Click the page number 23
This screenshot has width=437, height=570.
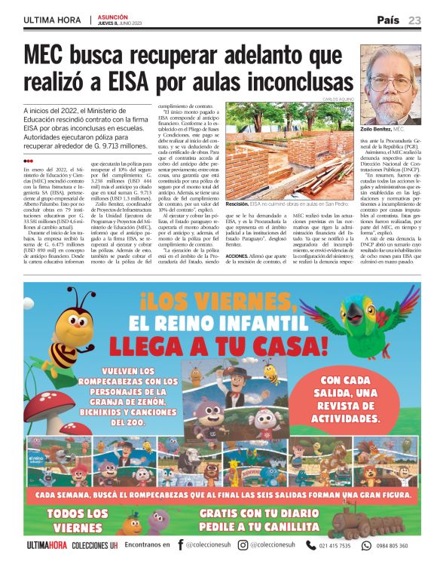click(415, 20)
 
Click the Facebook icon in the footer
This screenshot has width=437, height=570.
click(181, 545)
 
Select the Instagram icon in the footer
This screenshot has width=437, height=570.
click(243, 545)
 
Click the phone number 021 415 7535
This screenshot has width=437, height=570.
click(335, 545)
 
